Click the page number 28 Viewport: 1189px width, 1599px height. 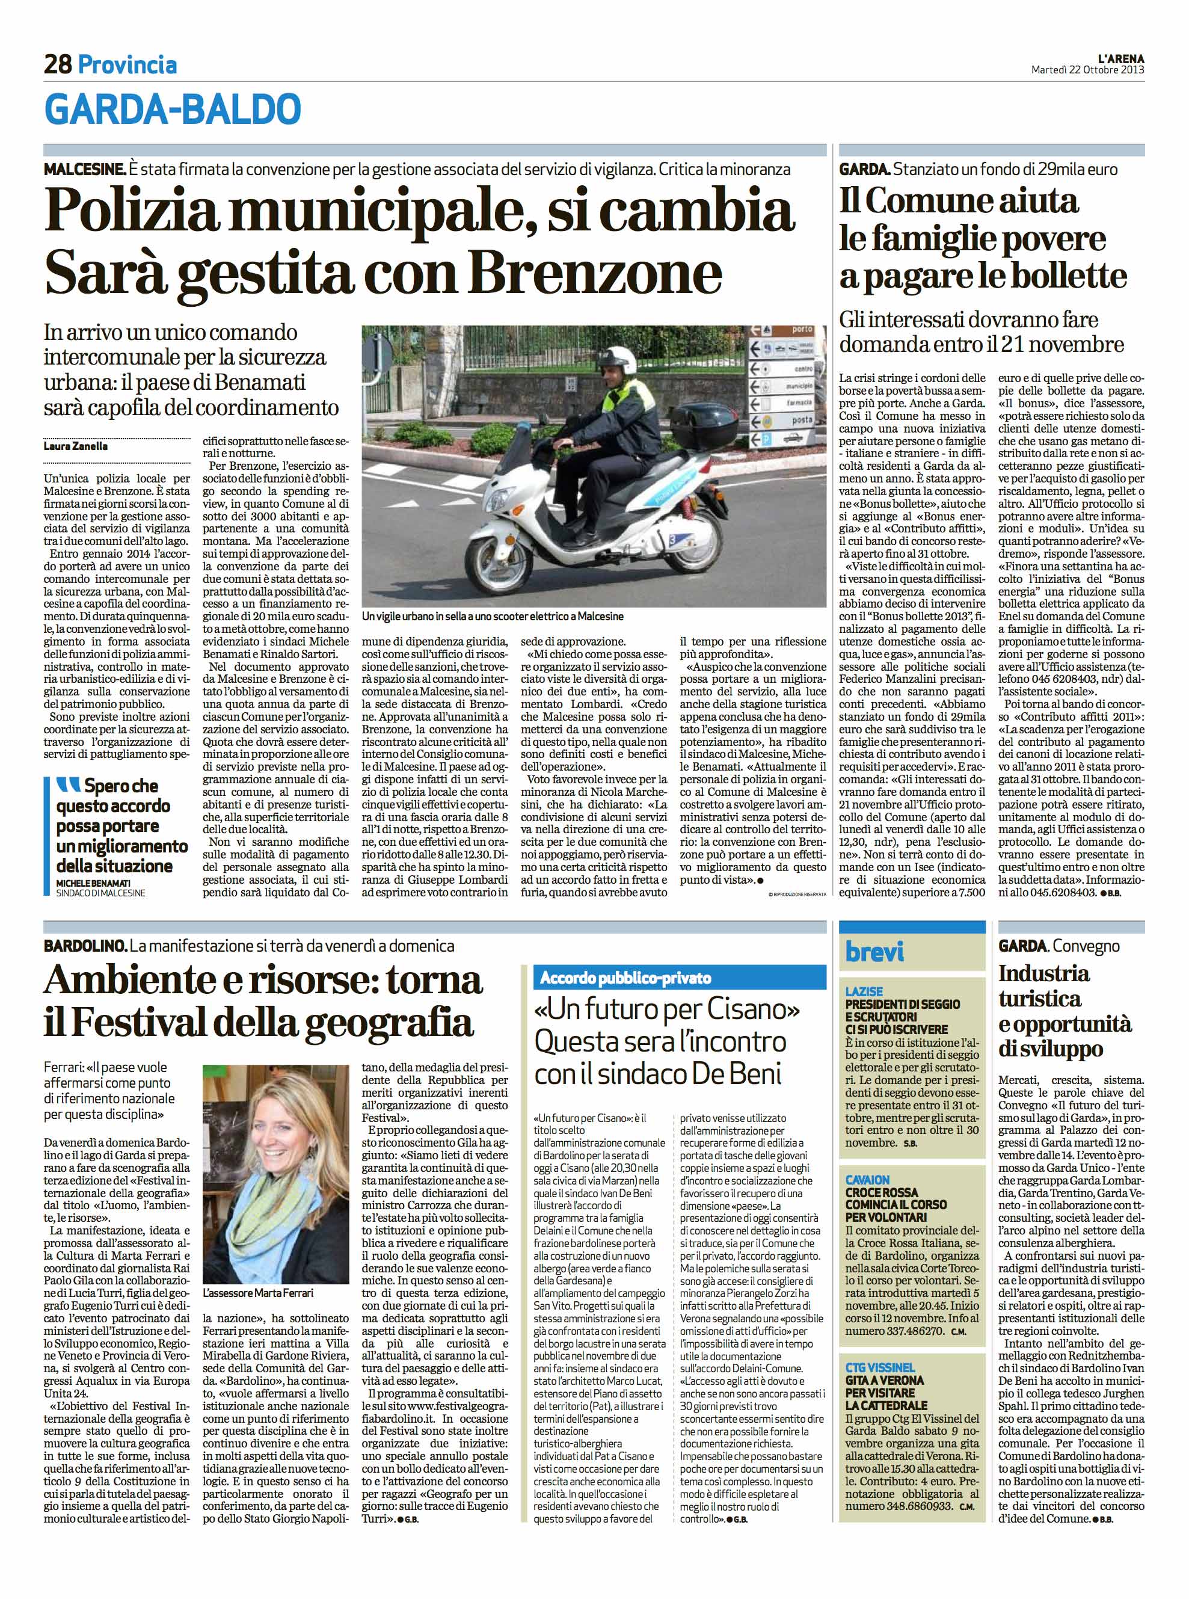58,65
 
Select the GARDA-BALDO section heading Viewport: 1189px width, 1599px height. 173,109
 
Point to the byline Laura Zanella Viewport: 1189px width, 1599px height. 76,446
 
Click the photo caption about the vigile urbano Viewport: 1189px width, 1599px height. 493,617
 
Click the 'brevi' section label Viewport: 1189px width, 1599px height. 874,952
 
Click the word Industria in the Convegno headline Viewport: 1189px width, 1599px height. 1043,973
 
